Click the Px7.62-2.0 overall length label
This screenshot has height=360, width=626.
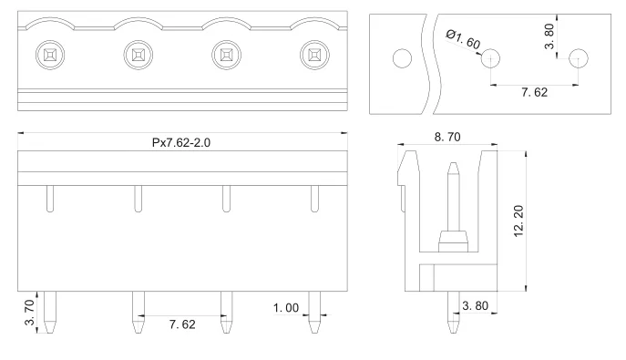coord(180,142)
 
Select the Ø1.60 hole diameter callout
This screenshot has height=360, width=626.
coord(463,39)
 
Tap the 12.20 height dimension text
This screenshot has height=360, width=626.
coord(518,221)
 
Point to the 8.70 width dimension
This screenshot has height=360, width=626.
coord(447,137)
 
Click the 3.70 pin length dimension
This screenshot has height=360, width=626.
coord(29,313)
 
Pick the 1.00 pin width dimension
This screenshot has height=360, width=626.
coord(286,308)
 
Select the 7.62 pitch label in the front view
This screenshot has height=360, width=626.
coord(182,324)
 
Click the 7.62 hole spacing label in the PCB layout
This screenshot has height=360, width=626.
coord(534,92)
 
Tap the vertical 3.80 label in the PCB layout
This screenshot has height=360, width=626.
coord(549,36)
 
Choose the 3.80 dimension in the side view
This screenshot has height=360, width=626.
coord(475,305)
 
